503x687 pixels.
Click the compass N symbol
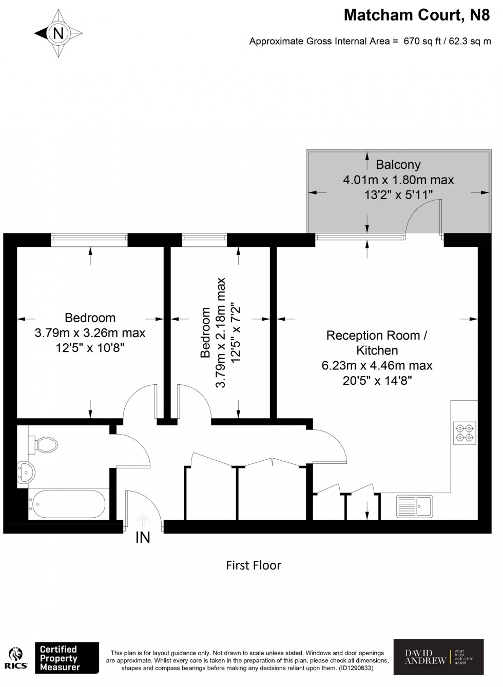(x=58, y=33)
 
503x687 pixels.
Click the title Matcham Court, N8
(x=416, y=15)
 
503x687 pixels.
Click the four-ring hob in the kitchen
(x=465, y=433)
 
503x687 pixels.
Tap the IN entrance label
(x=143, y=538)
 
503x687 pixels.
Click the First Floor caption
(x=254, y=565)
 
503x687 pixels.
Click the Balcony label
(x=398, y=165)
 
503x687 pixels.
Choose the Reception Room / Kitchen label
(x=377, y=343)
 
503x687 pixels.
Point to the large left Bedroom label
(x=90, y=318)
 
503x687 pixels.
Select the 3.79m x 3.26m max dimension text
(x=90, y=333)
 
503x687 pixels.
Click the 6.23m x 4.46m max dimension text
(x=377, y=366)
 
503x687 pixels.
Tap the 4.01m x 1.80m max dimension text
(x=398, y=180)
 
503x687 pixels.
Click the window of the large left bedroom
(x=89, y=237)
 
